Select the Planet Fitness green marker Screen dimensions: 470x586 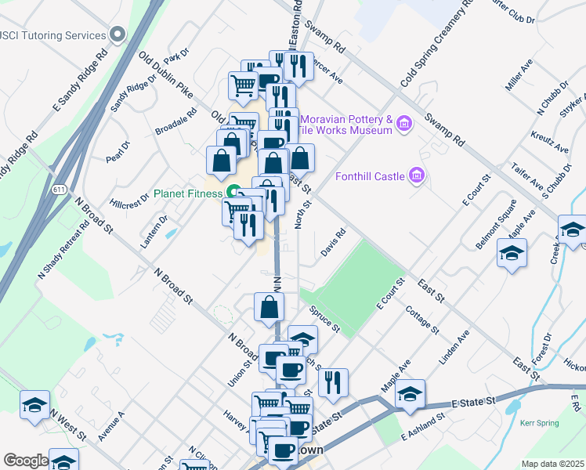233,193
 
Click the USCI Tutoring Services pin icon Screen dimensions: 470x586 118,34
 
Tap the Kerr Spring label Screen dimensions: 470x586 539,423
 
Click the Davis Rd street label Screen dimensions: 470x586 333,243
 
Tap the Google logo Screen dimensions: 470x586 25,461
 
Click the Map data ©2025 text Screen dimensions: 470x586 552,464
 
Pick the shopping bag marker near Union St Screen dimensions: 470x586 269,309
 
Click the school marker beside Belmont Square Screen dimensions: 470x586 512,254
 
